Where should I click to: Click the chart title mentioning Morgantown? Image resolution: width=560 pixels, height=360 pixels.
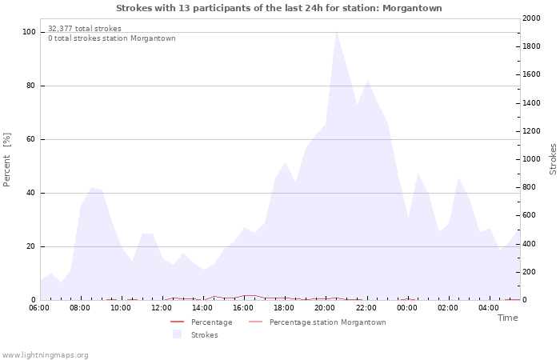point(279,8)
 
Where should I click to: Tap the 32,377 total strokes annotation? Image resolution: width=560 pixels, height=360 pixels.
point(85,29)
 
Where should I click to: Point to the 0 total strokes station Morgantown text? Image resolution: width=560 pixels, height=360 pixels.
point(112,38)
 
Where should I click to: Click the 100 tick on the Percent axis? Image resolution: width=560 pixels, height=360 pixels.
point(29,32)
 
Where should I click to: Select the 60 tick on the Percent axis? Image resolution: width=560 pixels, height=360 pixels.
point(30,139)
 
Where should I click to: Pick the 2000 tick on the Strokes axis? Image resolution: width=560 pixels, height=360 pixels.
point(531,18)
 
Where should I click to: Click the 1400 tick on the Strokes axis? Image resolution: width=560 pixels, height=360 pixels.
point(531,103)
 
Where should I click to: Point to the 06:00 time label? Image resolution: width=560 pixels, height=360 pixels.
point(39,308)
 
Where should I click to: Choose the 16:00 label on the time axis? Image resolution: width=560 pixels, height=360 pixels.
point(243,308)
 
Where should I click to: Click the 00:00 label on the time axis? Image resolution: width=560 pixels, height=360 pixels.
point(407,308)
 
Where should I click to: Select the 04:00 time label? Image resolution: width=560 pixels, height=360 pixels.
point(489,308)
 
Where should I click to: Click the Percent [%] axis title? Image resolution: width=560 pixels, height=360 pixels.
point(6,160)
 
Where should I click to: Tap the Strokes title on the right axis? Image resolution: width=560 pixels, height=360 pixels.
point(553,159)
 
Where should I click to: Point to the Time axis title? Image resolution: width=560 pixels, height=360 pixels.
point(508,318)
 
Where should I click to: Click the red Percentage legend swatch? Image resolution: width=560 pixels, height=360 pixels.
point(177,322)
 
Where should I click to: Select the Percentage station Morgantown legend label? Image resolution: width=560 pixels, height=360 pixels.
point(328,322)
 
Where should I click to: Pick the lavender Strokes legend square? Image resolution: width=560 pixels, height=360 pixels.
point(177,334)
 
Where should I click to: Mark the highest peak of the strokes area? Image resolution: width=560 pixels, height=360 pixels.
point(336,30)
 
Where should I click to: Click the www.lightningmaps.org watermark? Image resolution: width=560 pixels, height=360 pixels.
point(45,355)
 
